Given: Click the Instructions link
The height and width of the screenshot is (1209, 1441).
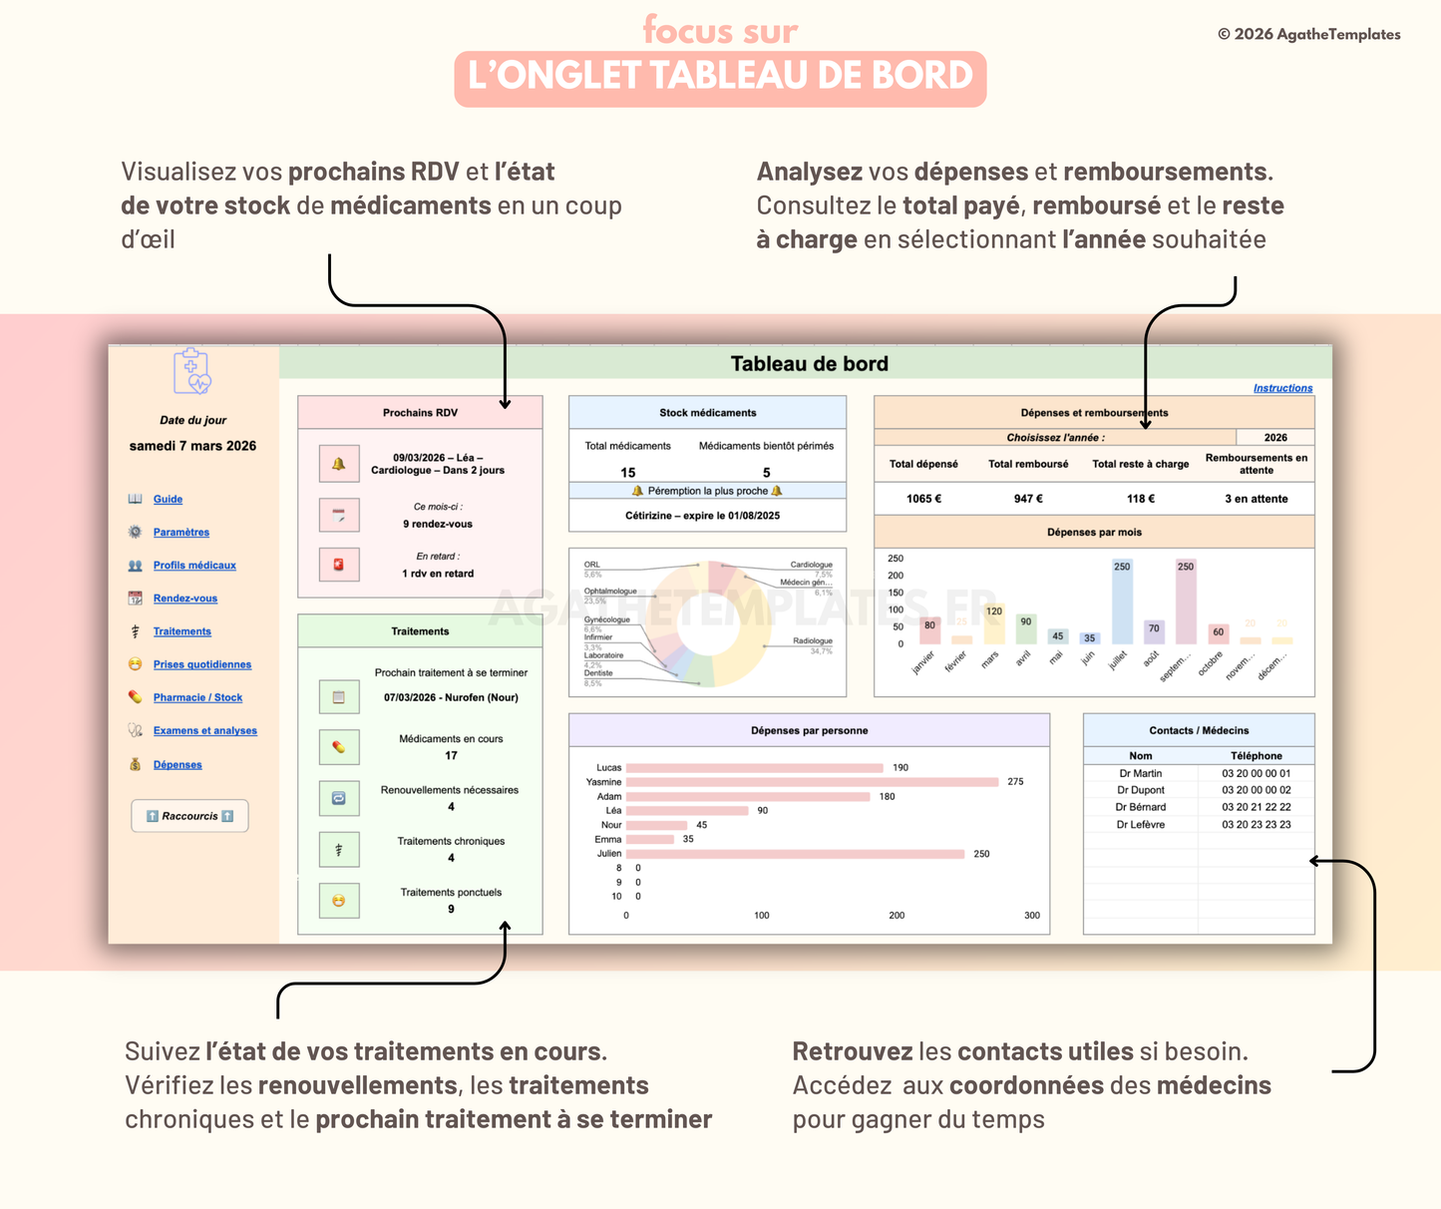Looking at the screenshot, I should [x=1282, y=388].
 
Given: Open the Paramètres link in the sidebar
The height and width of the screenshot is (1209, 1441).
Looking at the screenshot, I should [x=180, y=533].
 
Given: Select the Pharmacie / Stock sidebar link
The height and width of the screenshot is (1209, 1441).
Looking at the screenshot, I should [x=197, y=698].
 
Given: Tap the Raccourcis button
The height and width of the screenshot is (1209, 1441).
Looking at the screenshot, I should [x=189, y=816].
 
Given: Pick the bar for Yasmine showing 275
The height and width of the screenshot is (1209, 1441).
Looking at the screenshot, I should [x=812, y=782].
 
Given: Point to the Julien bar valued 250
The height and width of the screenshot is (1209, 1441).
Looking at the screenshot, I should [x=795, y=854].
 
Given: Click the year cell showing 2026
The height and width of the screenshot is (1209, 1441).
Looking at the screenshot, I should [x=1274, y=437].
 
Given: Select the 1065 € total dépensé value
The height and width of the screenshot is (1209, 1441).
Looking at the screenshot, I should [x=923, y=499].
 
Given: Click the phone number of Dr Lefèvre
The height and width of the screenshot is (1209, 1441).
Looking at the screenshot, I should [x=1256, y=825].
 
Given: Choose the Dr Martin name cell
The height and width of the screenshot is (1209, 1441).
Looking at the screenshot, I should [x=1140, y=773].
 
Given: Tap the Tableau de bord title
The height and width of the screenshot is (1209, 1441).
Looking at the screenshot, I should [x=809, y=364].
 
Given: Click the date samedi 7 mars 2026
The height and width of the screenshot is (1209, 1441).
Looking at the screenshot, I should [x=192, y=446].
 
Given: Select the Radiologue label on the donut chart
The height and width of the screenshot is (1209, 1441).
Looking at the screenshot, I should [x=812, y=641].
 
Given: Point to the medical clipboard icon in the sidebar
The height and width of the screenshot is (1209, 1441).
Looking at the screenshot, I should [x=191, y=371].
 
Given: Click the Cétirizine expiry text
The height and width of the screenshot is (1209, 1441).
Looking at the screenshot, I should [x=702, y=516].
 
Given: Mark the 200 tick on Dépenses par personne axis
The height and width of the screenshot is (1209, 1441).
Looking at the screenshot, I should [x=897, y=915].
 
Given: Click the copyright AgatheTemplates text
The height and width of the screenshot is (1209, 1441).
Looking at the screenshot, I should [x=1308, y=34].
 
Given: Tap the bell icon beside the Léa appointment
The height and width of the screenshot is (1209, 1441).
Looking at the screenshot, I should [x=338, y=464].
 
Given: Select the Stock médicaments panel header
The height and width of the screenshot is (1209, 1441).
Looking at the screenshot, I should [x=707, y=413].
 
